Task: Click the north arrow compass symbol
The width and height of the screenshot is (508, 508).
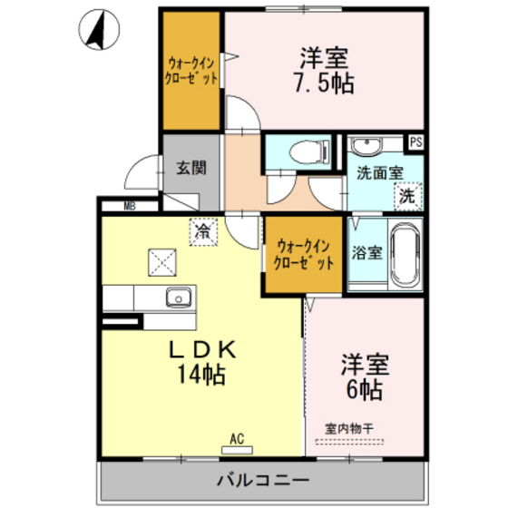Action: click(100, 29)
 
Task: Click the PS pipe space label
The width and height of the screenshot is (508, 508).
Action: click(415, 142)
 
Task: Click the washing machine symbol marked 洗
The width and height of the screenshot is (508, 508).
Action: click(408, 195)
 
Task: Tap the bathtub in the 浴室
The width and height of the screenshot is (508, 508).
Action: click(404, 255)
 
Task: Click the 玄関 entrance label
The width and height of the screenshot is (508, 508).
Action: click(190, 168)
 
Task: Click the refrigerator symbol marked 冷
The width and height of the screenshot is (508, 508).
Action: click(205, 231)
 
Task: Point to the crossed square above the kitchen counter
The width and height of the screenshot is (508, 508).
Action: click(164, 262)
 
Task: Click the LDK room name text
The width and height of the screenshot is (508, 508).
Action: click(201, 350)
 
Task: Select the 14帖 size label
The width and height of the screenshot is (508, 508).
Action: click(202, 373)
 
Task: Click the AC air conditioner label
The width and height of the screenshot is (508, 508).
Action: click(237, 439)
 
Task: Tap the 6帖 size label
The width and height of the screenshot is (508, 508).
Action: click(364, 390)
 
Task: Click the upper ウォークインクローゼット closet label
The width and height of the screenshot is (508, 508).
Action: click(191, 71)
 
